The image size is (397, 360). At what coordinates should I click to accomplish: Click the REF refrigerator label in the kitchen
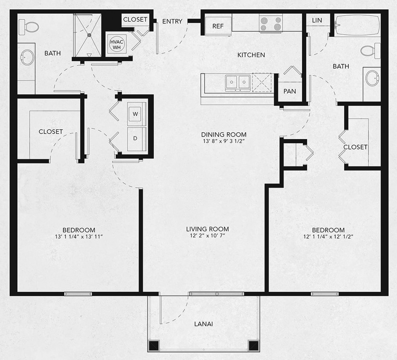[x=218, y=26]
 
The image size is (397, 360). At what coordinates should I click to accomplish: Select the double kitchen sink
[x=238, y=82]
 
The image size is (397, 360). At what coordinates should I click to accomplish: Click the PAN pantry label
[x=290, y=91]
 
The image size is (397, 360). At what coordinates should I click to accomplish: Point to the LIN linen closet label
[x=317, y=20]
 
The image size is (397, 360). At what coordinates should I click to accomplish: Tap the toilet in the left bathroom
[x=30, y=26]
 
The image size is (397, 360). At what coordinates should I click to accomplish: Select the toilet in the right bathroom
[x=371, y=51]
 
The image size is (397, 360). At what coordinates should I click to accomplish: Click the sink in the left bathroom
[x=28, y=57]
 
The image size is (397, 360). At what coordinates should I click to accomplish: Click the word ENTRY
[x=172, y=21]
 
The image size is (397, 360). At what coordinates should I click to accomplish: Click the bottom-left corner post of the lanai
[x=153, y=345]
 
